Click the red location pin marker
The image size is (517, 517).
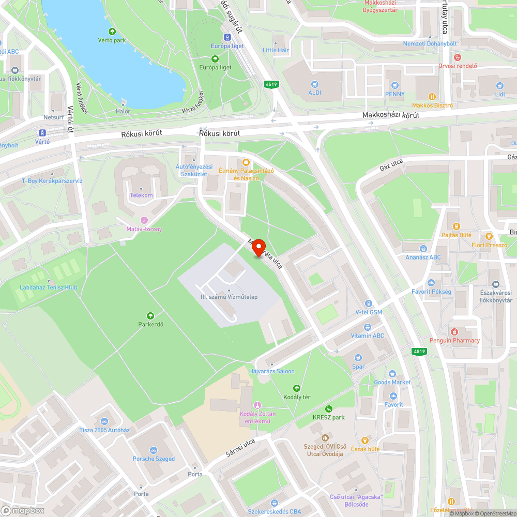click(x=257, y=246)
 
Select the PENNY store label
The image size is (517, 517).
click(x=394, y=94)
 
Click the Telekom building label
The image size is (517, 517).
click(x=141, y=195)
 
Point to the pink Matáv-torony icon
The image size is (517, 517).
click(x=144, y=220)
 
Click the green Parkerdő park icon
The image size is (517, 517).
click(x=150, y=315)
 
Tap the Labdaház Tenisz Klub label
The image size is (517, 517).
click(x=49, y=287)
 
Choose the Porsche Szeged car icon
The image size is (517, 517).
click(x=154, y=450)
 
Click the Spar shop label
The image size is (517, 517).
click(x=358, y=367)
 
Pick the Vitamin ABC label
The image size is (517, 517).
click(x=367, y=336)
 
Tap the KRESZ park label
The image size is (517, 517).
click(x=328, y=417)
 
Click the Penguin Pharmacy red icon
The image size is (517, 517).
click(x=454, y=331)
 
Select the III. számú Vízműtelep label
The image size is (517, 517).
click(x=229, y=297)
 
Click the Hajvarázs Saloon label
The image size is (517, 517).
click(x=271, y=371)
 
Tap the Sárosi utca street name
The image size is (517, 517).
click(x=240, y=448)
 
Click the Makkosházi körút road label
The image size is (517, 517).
click(x=390, y=116)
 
